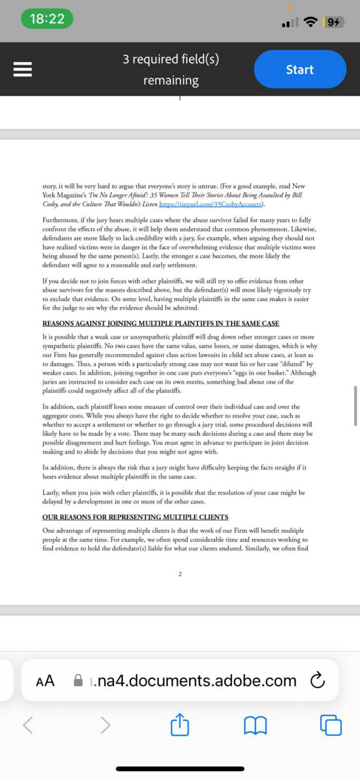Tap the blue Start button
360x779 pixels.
pyautogui.click(x=300, y=69)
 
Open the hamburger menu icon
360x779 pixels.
pyautogui.click(x=22, y=69)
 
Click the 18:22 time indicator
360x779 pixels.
pyautogui.click(x=47, y=19)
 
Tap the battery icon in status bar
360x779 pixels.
pyautogui.click(x=333, y=22)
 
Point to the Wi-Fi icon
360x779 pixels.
pyautogui.click(x=311, y=22)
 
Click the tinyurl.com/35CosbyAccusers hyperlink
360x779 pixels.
pyautogui.click(x=210, y=204)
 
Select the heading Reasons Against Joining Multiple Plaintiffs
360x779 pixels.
pyautogui.click(x=161, y=324)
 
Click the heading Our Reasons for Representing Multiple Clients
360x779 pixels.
pyautogui.click(x=135, y=517)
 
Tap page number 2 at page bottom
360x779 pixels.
pyautogui.click(x=180, y=574)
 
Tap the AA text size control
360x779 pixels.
pyautogui.click(x=45, y=680)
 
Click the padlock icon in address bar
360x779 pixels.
pyautogui.click(x=78, y=680)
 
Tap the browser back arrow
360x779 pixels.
pyautogui.click(x=28, y=725)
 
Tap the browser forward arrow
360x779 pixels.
pyautogui.click(x=105, y=725)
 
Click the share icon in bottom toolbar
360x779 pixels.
pyautogui.click(x=180, y=724)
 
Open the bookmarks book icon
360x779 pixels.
pyautogui.click(x=255, y=725)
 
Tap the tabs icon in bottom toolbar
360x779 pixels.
pyautogui.click(x=331, y=725)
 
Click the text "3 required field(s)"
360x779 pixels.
pyautogui.click(x=171, y=60)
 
